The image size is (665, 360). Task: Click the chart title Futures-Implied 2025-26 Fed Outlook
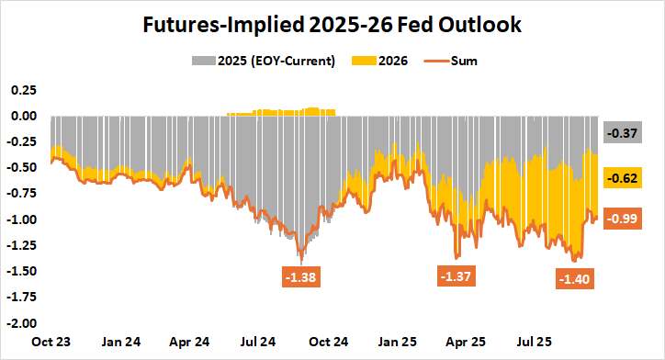tap(332, 25)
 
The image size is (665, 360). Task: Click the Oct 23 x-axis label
tap(51, 342)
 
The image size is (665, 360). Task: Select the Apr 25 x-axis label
tap(466, 342)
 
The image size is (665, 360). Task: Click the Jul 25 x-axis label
tap(535, 342)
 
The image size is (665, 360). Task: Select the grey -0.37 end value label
tap(624, 133)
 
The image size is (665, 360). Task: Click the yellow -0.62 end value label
tap(624, 177)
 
